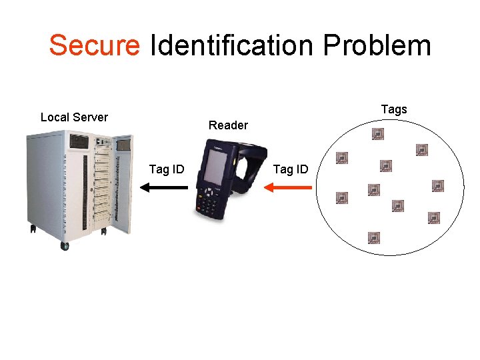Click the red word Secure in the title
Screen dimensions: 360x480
tap(94, 45)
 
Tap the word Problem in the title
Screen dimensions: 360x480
tap(377, 45)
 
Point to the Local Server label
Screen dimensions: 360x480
tap(74, 117)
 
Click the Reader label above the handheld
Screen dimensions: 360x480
tap(228, 125)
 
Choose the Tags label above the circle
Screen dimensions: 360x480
tap(393, 109)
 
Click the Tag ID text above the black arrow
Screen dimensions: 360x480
tap(167, 169)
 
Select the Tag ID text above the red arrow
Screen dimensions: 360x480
tap(291, 169)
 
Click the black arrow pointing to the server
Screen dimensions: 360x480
tap(164, 188)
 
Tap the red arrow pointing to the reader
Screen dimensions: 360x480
tap(288, 188)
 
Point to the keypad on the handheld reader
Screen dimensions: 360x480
tap(208, 200)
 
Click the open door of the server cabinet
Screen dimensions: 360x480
tap(123, 180)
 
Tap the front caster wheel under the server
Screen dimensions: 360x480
tap(65, 246)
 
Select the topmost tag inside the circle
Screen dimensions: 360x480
tap(378, 135)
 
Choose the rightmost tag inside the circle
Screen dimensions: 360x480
tap(438, 185)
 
